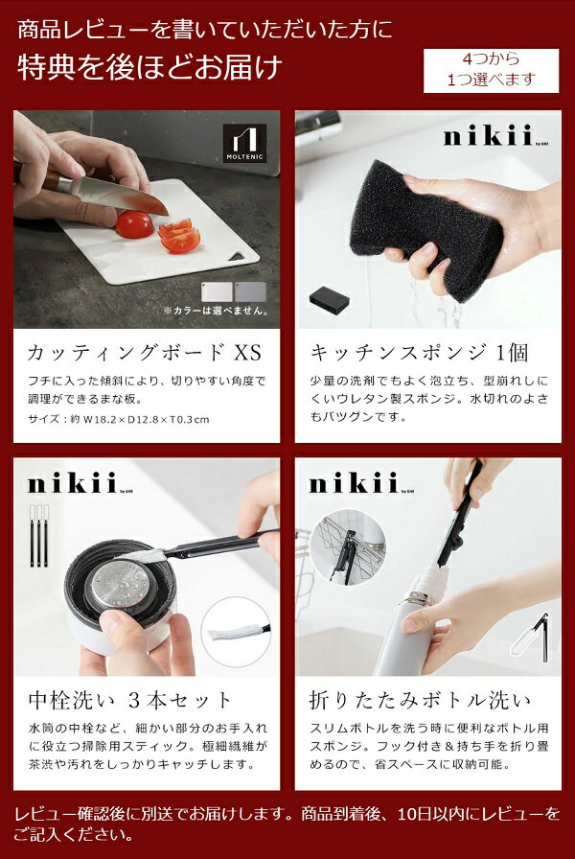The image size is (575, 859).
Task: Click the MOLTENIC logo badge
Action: (244, 143)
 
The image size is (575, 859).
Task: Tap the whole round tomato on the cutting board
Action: (135, 224)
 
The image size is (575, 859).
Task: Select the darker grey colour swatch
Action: (250, 292)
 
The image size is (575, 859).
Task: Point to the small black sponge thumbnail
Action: (330, 299)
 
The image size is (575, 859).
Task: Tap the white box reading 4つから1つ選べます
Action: (492, 71)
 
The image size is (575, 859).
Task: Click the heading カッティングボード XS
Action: (145, 352)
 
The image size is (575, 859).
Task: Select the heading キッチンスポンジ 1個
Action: (420, 352)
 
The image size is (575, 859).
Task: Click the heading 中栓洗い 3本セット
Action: (130, 700)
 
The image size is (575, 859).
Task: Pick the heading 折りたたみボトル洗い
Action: (421, 700)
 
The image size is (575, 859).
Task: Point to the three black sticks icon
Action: (39, 535)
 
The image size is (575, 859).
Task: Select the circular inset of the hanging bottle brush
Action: (347, 548)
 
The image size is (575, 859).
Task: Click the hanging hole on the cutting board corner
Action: (238, 256)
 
